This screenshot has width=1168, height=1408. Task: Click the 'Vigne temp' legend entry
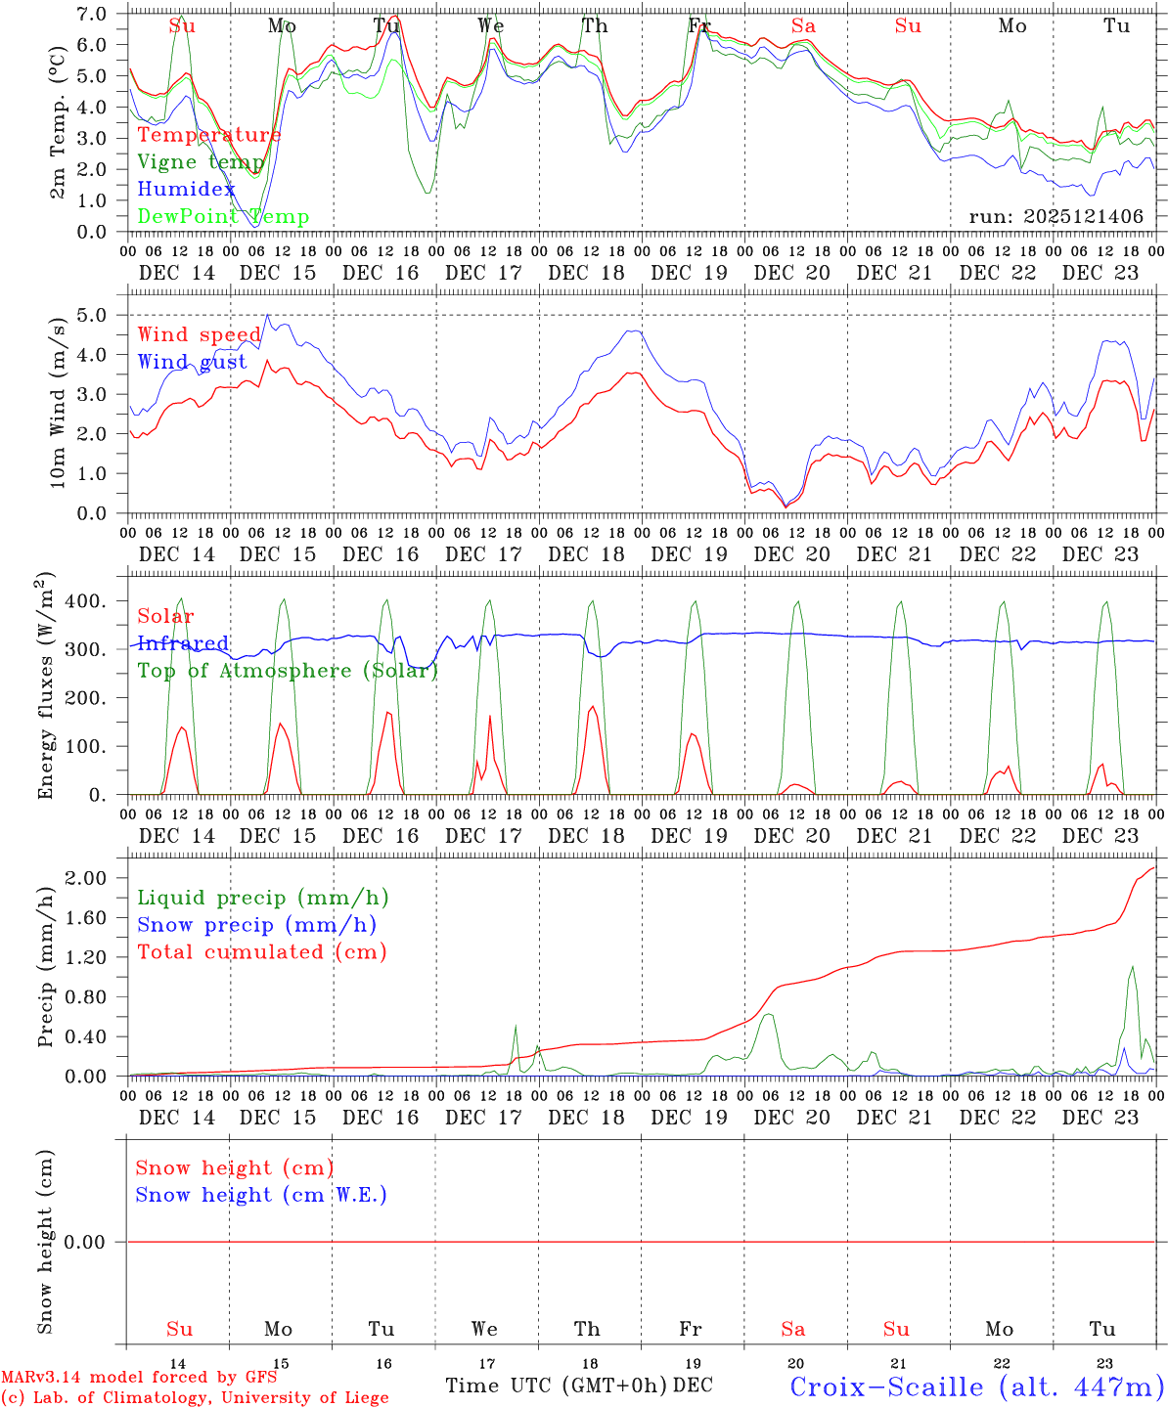tap(201, 162)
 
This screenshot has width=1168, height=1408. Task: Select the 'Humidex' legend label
tap(186, 190)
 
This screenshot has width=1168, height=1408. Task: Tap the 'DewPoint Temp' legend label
tap(223, 217)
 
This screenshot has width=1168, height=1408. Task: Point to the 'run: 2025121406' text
tap(1056, 217)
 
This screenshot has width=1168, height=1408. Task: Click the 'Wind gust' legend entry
tap(192, 363)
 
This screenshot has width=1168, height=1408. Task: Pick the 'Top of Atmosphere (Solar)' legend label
tap(287, 671)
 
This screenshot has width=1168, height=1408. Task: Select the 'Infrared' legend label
tap(183, 643)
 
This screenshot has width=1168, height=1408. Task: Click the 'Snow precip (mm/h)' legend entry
tap(256, 925)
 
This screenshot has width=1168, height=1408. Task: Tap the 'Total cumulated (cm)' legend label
tap(261, 952)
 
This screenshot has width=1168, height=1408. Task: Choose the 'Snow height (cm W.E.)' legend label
tap(261, 1195)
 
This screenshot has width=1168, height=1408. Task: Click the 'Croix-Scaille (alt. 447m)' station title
tap(976, 1386)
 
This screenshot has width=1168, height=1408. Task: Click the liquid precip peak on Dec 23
tap(1132, 967)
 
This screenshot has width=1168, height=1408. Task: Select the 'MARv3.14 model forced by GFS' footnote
tap(139, 1378)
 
